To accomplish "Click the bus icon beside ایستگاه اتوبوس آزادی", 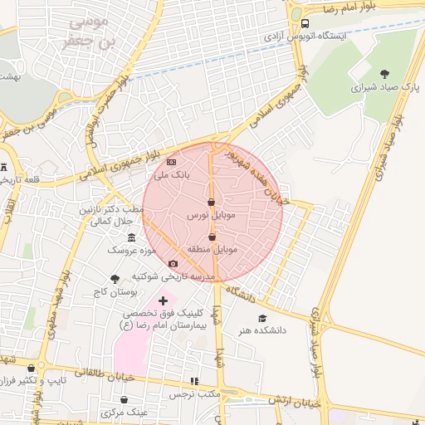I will pyautogui.click(x=305, y=23).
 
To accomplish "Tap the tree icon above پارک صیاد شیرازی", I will pyautogui.click(x=383, y=74).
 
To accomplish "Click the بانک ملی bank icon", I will pyautogui.click(x=172, y=162).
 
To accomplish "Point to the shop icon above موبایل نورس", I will pyautogui.click(x=211, y=202).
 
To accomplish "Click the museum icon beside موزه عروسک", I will pyautogui.click(x=131, y=237).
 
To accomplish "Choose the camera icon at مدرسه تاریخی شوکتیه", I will pyautogui.click(x=173, y=264).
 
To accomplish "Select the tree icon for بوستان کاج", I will pyautogui.click(x=115, y=280).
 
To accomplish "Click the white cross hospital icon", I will pyautogui.click(x=163, y=300).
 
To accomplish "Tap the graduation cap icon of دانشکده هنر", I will pyautogui.click(x=262, y=318).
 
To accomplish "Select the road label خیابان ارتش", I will pyautogui.click(x=294, y=402).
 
